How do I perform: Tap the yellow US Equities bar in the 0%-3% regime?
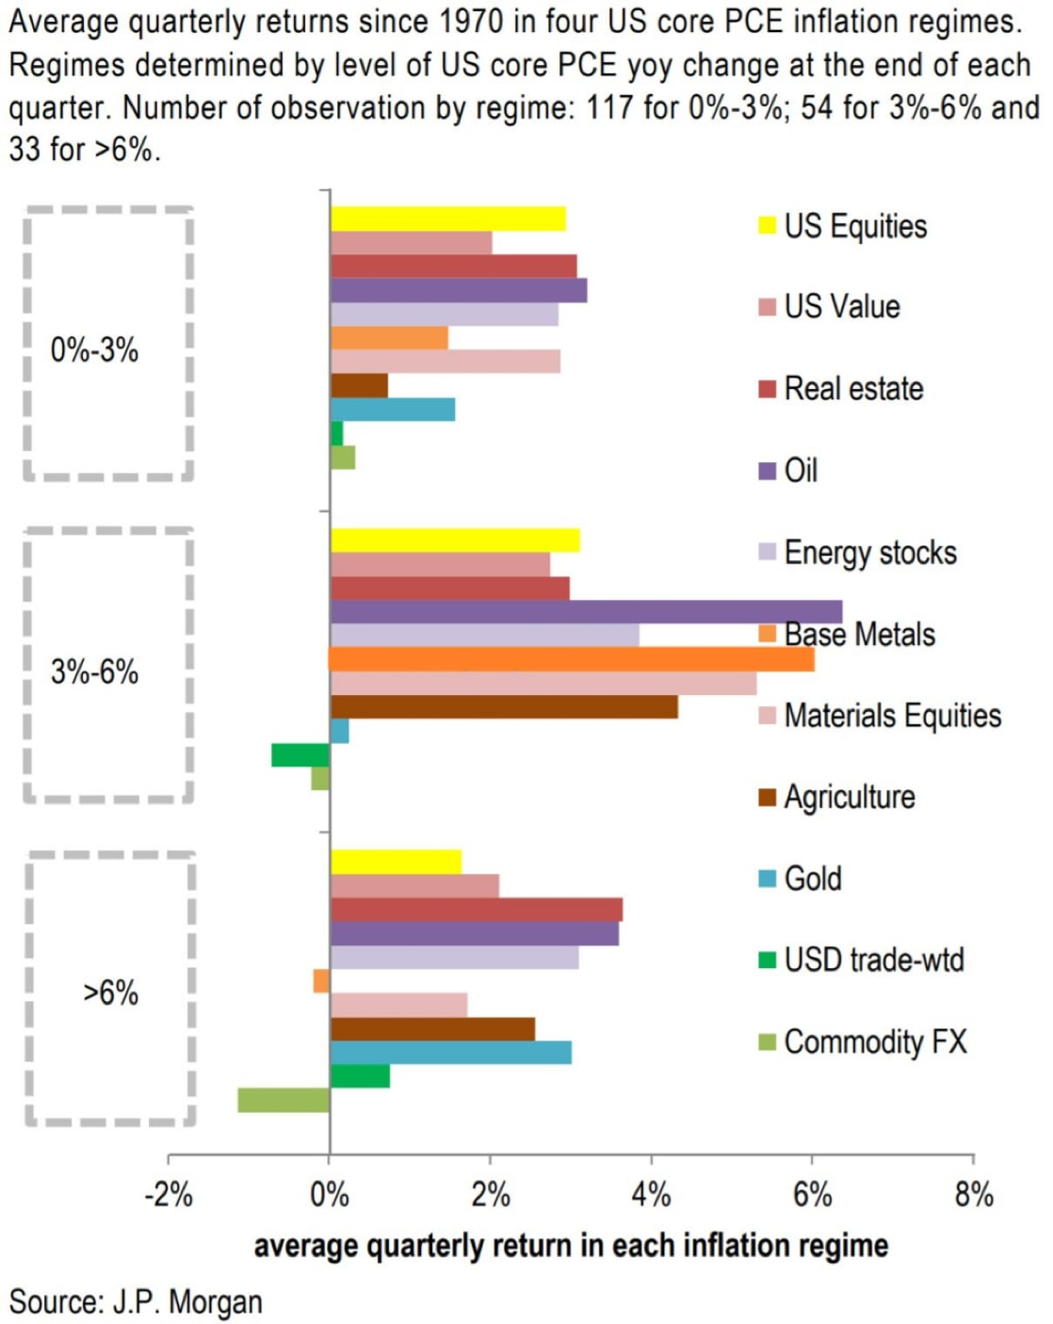click(447, 218)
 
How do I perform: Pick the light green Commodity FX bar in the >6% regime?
click(283, 1100)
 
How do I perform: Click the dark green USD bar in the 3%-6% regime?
click(300, 755)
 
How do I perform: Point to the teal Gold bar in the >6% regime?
click(450, 1053)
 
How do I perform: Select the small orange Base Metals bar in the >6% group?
click(321, 981)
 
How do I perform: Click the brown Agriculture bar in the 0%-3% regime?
click(359, 386)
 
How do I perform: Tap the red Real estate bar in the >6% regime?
click(476, 910)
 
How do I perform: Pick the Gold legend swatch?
click(768, 880)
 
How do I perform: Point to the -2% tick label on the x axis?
click(168, 1196)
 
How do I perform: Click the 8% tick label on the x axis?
click(974, 1196)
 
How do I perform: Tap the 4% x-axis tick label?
click(652, 1196)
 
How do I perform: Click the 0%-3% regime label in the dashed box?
click(94, 350)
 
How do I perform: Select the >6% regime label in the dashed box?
click(110, 993)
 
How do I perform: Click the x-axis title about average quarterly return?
click(571, 1246)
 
